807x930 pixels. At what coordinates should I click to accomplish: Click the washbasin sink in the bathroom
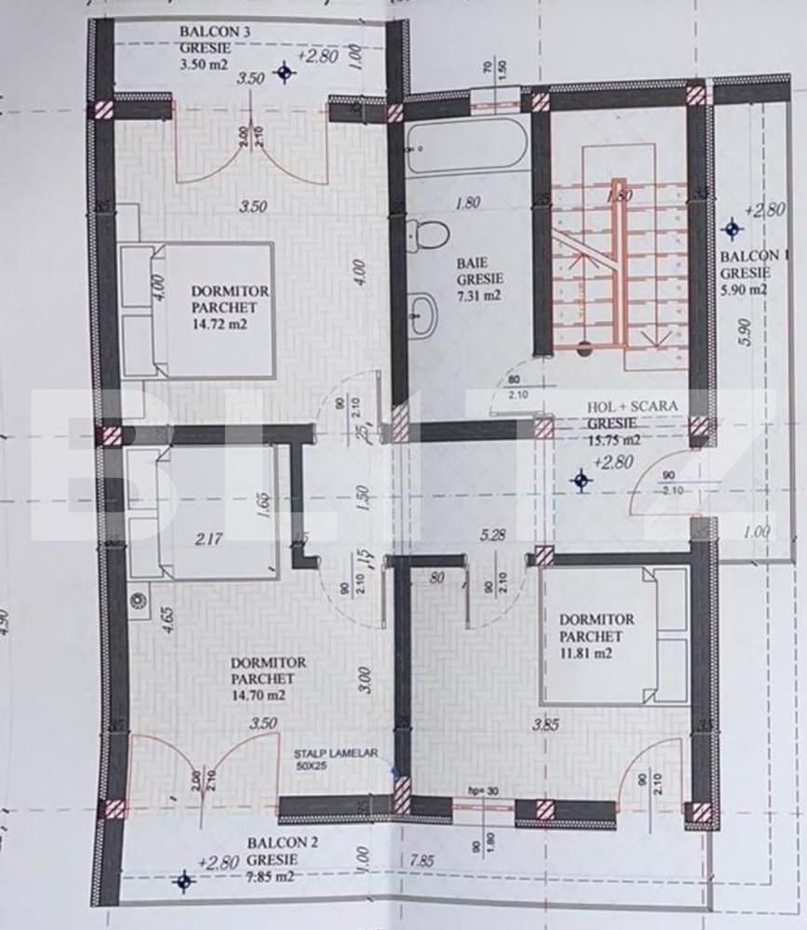[x=424, y=314]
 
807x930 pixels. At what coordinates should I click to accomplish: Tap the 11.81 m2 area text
[x=585, y=653]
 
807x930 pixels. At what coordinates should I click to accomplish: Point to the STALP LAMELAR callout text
[x=336, y=754]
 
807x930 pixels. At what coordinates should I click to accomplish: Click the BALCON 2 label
[x=283, y=843]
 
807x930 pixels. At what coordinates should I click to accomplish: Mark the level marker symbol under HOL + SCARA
[x=583, y=480]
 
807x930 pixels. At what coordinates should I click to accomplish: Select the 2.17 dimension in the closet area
[x=208, y=536]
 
